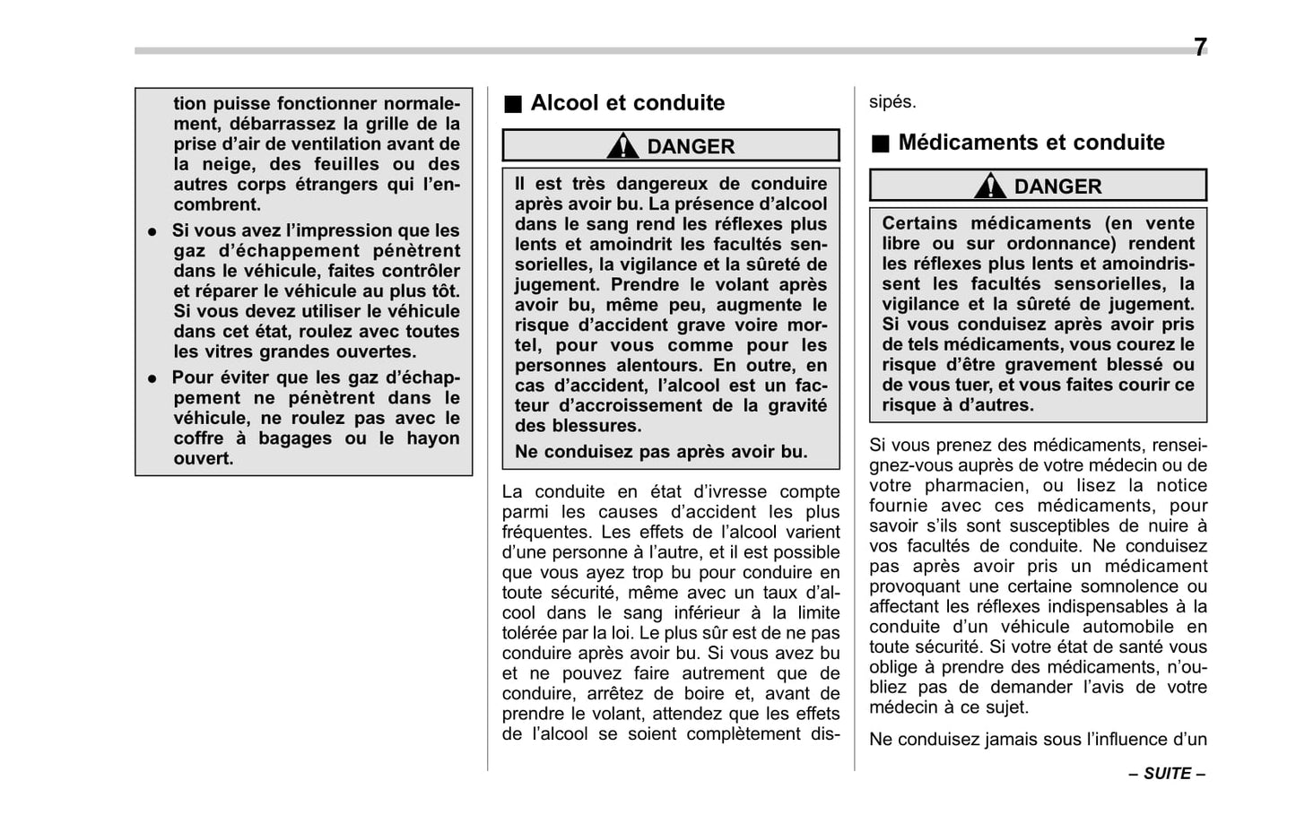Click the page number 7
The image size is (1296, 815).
[x=1199, y=48]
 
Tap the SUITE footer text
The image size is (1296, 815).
[x=1167, y=774]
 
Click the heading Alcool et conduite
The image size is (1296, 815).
[x=627, y=103]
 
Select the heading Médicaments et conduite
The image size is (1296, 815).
[x=1031, y=143]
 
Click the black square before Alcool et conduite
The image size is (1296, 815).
[x=512, y=104]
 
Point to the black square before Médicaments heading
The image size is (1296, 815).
[x=881, y=143]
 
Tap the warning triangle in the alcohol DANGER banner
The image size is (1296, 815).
[x=622, y=145]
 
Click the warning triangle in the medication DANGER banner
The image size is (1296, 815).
[x=989, y=186]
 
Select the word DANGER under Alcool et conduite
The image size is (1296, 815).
[x=691, y=146]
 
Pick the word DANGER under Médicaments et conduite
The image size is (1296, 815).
[x=1057, y=186]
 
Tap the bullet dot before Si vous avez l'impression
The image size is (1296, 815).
[x=153, y=231]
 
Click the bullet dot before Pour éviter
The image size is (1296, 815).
[x=153, y=378]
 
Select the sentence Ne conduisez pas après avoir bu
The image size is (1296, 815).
[x=660, y=452]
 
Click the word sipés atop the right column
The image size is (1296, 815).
[x=892, y=102]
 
